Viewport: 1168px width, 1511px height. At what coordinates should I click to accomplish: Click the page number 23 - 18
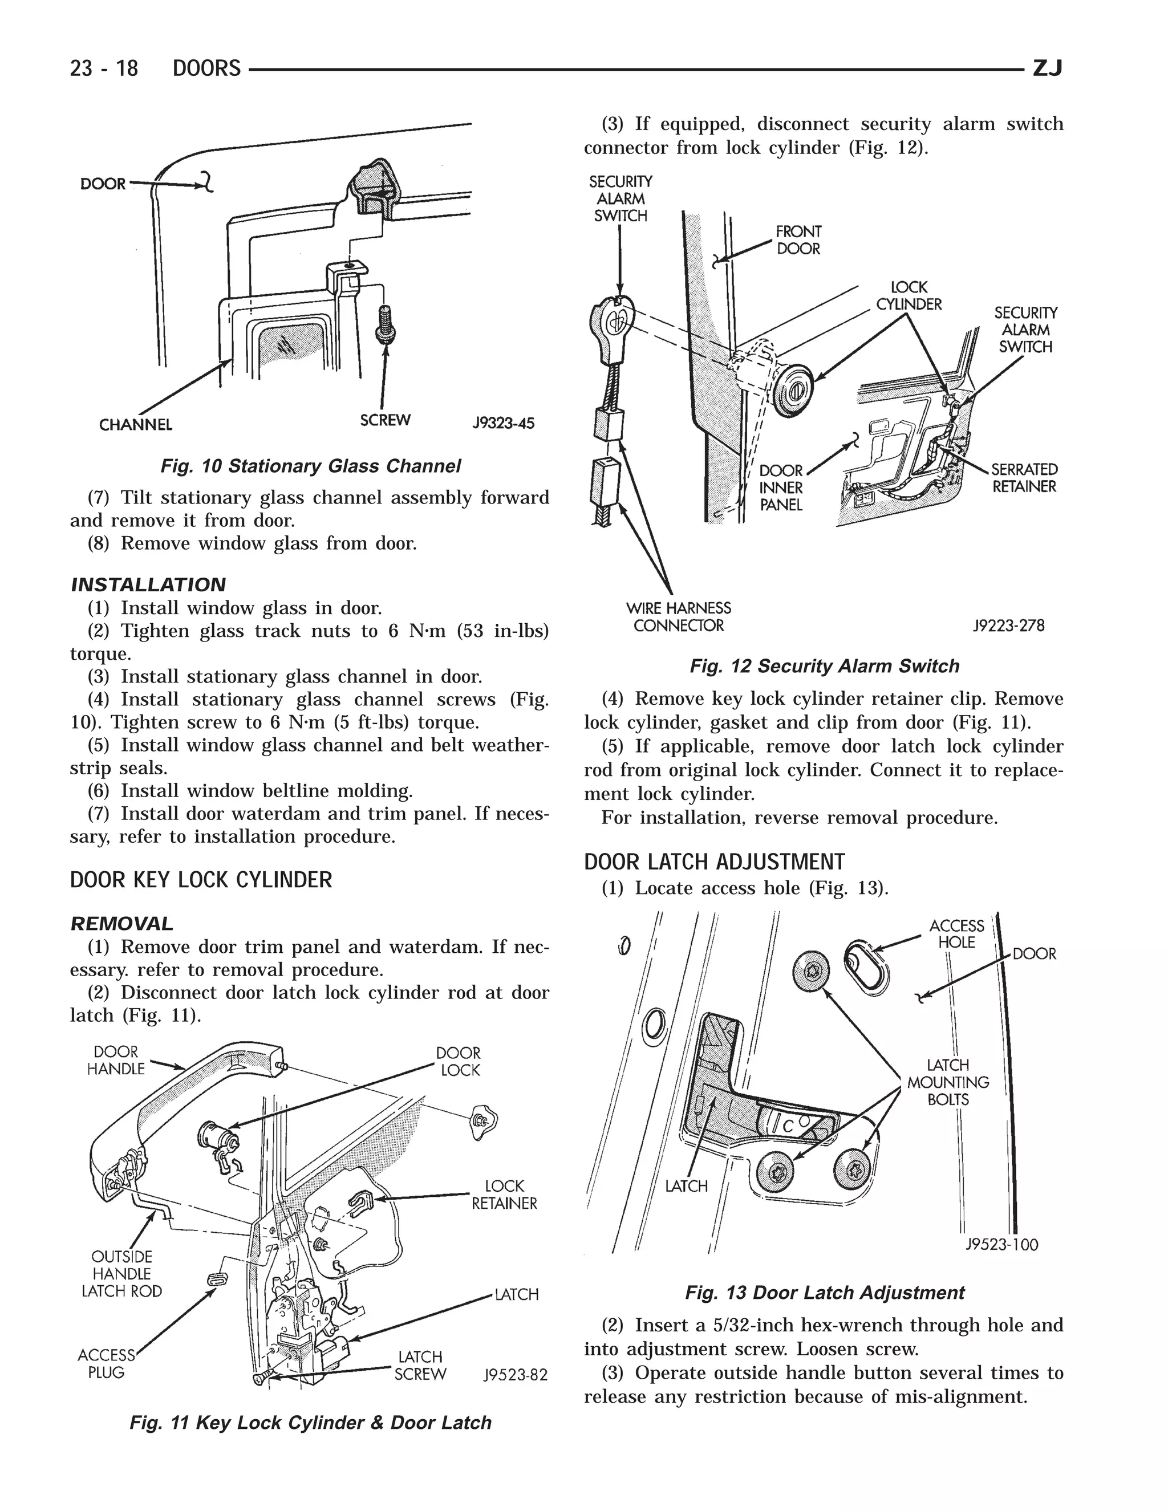point(104,68)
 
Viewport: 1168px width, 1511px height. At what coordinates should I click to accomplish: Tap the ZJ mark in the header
point(1046,68)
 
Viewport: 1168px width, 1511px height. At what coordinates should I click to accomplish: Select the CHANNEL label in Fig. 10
point(136,424)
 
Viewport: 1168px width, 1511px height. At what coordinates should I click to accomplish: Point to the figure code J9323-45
point(503,423)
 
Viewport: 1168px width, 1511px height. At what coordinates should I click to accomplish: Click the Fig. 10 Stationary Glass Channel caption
point(310,466)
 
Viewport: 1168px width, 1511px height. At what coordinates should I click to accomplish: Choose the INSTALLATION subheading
point(148,584)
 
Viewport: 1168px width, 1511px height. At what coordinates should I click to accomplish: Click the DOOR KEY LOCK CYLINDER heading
point(201,880)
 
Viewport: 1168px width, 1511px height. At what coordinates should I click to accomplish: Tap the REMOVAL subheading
point(122,924)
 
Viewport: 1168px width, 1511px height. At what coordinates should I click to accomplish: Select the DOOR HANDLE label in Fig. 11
point(116,1060)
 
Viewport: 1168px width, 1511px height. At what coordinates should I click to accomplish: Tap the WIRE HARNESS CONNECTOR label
point(678,616)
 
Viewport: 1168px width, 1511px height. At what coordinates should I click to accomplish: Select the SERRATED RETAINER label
point(1024,477)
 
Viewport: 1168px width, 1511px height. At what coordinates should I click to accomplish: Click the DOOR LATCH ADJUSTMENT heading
point(714,862)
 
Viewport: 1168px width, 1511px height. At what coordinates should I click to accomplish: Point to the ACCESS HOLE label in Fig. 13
point(956,934)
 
